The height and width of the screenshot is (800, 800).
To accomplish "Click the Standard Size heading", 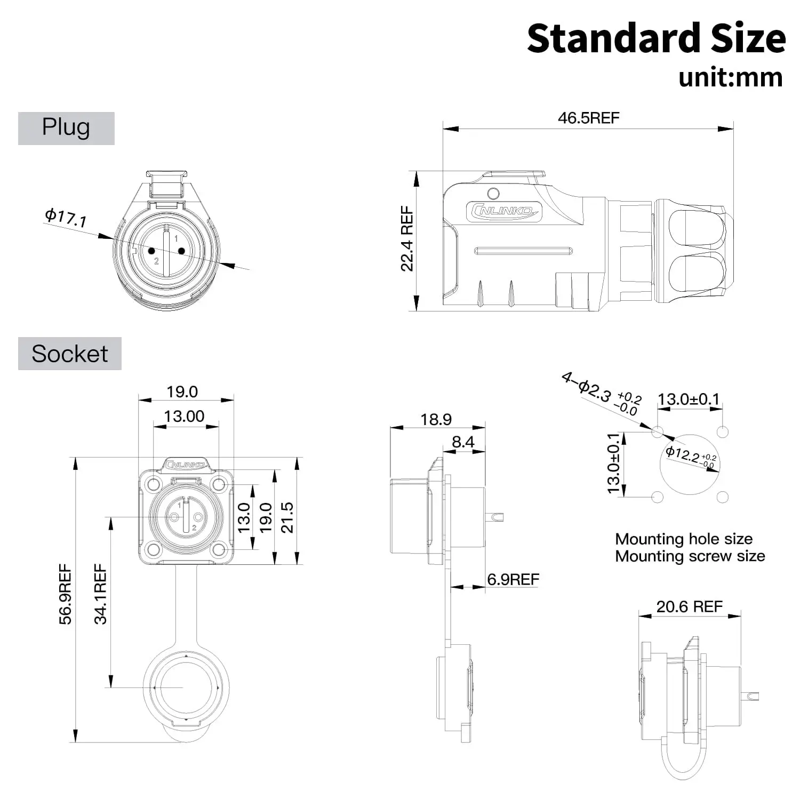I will pos(656,38).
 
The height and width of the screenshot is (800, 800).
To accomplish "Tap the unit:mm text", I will pos(730,78).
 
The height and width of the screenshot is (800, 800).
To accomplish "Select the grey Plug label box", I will pos(66,128).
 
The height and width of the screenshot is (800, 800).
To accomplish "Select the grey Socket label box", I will pos(69,354).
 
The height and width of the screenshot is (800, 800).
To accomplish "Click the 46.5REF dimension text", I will pos(588,118).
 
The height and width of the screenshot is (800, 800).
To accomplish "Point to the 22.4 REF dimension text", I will pos(407,239).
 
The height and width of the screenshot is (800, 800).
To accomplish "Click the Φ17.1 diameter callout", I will pos(66,218).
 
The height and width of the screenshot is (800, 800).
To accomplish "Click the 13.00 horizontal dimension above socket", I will pos(184,416).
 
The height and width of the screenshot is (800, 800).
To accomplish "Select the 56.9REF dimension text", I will pos(65,594).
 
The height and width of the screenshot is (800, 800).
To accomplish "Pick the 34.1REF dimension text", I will pos(100,594).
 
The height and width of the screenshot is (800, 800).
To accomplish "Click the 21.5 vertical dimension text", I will pos(287,517).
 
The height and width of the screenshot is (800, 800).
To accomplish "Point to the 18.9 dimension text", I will pos(436,419).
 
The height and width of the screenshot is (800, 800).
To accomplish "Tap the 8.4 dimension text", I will pos(462,442).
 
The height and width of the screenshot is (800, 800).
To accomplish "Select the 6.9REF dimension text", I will pos(513,579).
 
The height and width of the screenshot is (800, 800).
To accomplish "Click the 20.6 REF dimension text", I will pos(689,606).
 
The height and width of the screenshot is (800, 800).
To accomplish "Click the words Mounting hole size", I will pos(684,539).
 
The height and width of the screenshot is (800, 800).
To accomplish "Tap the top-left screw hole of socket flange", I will pos(154,484).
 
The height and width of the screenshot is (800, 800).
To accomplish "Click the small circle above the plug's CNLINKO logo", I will pos(493,193).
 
